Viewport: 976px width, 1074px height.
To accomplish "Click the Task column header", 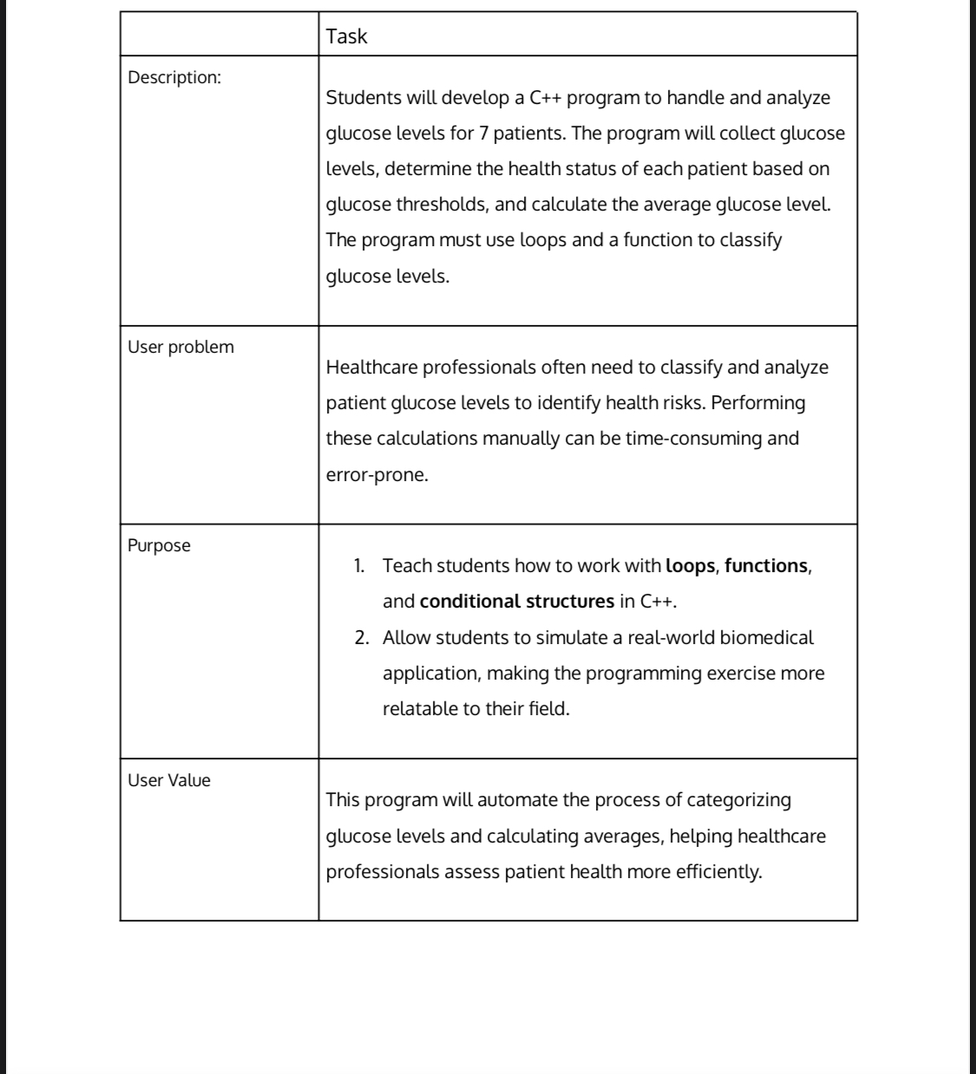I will coord(346,36).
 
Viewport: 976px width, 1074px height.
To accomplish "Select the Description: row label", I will coord(174,77).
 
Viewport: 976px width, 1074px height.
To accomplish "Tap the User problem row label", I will coord(180,347).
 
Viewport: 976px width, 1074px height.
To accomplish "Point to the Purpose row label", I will coord(159,545).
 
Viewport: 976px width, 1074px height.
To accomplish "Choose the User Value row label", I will coord(169,780).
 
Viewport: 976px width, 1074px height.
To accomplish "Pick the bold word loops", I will coord(690,566).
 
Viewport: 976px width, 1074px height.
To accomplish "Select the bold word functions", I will coord(765,566).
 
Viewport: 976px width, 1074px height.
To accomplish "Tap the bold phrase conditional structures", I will coord(516,602).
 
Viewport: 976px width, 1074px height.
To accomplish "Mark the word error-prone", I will coord(377,475).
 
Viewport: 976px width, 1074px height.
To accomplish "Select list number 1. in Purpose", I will coord(359,566).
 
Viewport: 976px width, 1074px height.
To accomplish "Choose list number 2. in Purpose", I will coord(362,638).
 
